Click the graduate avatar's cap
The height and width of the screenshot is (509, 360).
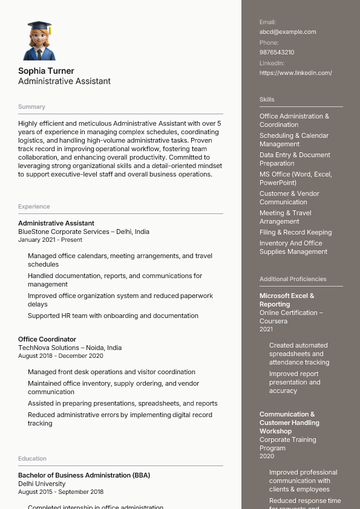pyautogui.click(x=39, y=26)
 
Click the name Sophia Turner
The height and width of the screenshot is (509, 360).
pyautogui.click(x=46, y=71)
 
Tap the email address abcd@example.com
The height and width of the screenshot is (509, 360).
pyautogui.click(x=287, y=32)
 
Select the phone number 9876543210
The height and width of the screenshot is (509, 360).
pyautogui.click(x=277, y=53)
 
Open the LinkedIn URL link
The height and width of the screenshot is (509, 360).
pyautogui.click(x=295, y=73)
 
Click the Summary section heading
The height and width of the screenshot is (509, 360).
pyautogui.click(x=31, y=107)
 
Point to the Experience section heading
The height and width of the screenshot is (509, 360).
pyautogui.click(x=34, y=207)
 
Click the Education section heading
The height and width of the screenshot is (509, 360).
pyautogui.click(x=32, y=459)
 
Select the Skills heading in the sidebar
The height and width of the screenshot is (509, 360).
pyautogui.click(x=267, y=100)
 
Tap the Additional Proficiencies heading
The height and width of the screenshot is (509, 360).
pyautogui.click(x=293, y=279)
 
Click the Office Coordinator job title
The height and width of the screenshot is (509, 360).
pyautogui.click(x=47, y=340)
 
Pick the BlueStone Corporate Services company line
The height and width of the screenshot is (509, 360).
pyautogui.click(x=83, y=232)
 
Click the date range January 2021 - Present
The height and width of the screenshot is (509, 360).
pyautogui.click(x=50, y=240)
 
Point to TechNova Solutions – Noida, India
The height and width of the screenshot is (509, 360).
pyautogui.click(x=70, y=348)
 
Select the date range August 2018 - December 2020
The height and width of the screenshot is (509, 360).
pyautogui.click(x=61, y=356)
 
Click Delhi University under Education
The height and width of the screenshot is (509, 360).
pyautogui.click(x=42, y=484)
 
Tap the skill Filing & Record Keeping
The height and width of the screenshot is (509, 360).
pyautogui.click(x=295, y=233)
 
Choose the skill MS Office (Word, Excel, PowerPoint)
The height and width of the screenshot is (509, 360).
pyautogui.click(x=295, y=178)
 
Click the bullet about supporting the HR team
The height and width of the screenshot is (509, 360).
pyautogui.click(x=113, y=316)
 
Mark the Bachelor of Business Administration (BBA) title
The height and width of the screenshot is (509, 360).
pyautogui.click(x=83, y=476)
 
